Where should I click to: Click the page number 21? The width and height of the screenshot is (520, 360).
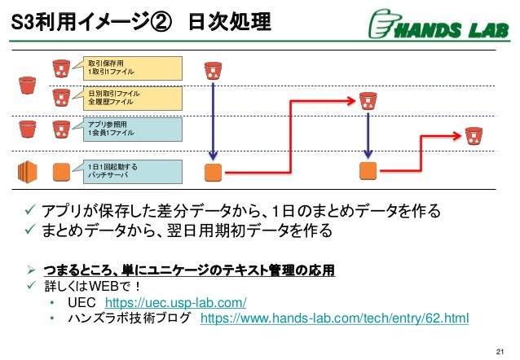click(500, 351)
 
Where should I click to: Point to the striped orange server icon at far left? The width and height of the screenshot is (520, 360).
click(27, 171)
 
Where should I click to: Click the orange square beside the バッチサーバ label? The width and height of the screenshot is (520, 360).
click(60, 171)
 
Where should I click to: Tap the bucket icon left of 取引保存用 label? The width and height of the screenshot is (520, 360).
click(60, 67)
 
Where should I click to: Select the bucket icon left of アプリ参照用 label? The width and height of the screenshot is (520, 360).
click(60, 129)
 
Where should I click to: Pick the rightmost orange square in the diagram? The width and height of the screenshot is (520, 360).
click(368, 171)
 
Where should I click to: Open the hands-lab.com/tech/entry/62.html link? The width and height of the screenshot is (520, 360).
click(334, 318)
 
